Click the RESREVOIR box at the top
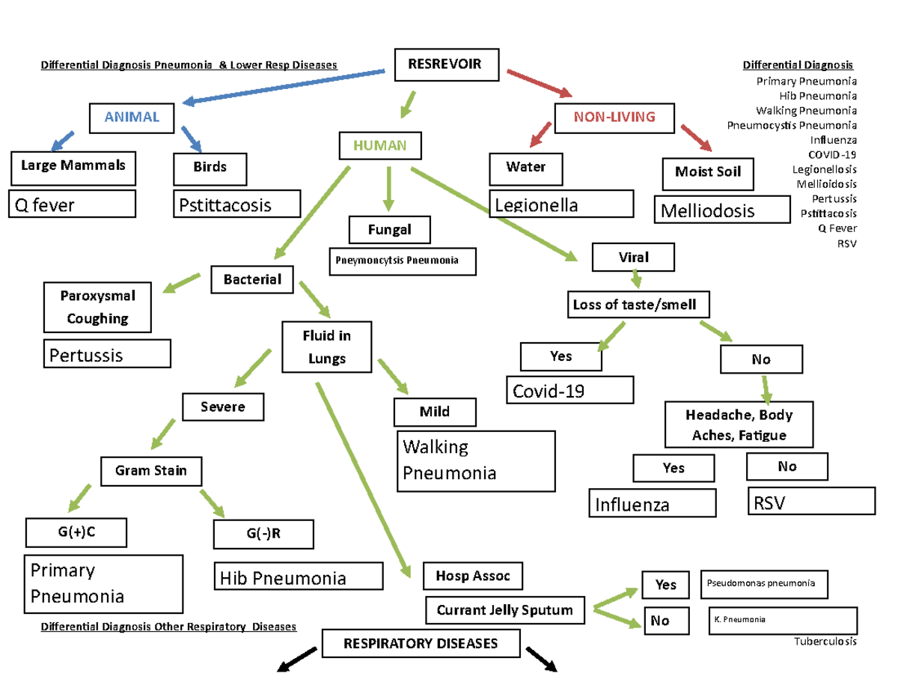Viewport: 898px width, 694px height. point(446,64)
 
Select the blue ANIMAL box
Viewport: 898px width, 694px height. point(132,118)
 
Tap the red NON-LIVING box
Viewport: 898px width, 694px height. point(614,118)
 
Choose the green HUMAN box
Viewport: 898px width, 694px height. point(380,145)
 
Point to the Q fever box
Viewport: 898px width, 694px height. point(72,204)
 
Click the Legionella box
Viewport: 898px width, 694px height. point(561,204)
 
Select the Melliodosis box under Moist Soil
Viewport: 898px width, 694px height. point(722,210)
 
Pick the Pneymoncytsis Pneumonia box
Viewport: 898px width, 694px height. point(403,261)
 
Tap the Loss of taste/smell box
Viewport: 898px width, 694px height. point(638,305)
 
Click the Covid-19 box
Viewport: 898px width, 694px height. point(570,390)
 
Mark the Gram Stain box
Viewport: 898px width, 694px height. point(151,471)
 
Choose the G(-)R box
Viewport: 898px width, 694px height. point(263,534)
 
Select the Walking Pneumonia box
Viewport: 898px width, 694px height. point(476,461)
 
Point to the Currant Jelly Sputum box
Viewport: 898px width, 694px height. point(505,610)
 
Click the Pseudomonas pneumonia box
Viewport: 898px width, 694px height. point(764,585)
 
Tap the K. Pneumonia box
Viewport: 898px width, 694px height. point(783,621)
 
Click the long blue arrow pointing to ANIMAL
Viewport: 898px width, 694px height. point(284,87)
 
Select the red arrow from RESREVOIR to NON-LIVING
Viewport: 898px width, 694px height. point(540,84)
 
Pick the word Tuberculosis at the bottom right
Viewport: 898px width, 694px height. point(825,642)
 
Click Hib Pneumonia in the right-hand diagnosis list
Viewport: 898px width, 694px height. point(818,96)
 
